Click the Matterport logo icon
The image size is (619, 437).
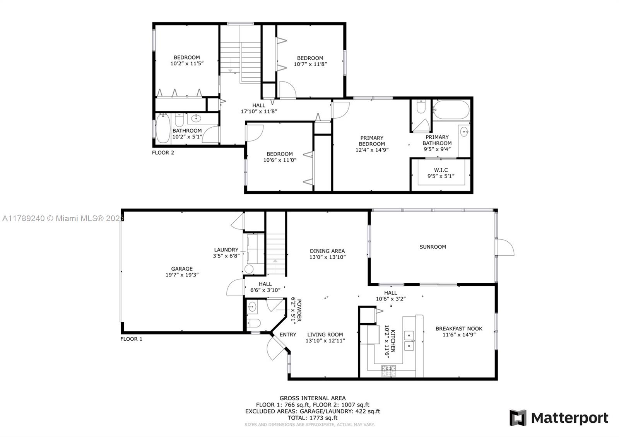coord(518,418)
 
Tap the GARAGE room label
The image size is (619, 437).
coord(182,269)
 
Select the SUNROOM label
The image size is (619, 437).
coord(433,247)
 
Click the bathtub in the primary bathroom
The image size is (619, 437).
coord(451,110)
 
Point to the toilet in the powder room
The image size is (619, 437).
coord(254,323)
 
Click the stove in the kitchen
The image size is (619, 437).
coord(389,371)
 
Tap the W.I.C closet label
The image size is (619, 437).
coord(441,170)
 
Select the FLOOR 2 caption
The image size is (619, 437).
coord(163,153)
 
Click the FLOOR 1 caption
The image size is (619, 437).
coord(131,339)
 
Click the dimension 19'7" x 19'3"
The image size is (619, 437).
coord(182,275)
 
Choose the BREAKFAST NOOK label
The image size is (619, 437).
coord(459,329)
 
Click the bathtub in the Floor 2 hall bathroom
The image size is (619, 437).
coord(163,128)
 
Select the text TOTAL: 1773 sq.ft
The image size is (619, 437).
coord(313,418)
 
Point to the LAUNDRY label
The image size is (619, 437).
coord(226,250)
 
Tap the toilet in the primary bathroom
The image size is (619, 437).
coord(421,107)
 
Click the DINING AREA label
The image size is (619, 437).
coord(327,251)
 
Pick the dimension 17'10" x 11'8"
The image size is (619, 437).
coord(259,112)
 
